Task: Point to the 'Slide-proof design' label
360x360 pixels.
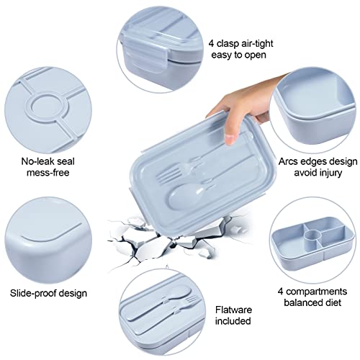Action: (48, 293)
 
